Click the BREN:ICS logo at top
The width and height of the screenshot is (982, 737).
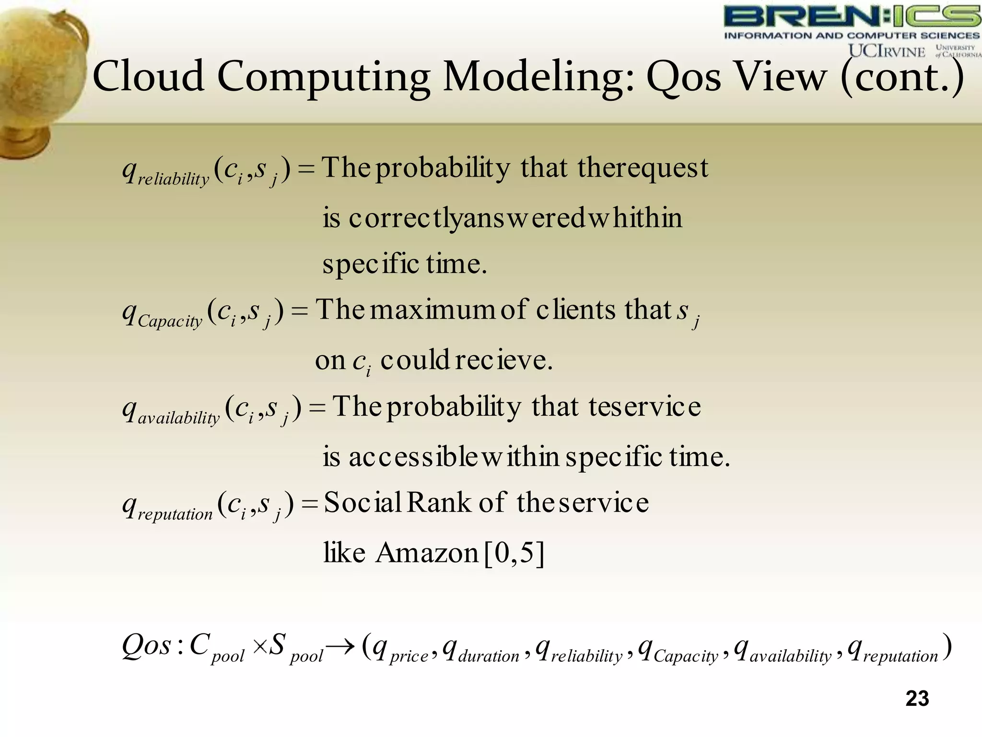pos(852,17)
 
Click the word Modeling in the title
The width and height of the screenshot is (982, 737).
pos(539,77)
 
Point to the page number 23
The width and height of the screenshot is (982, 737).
pos(917,699)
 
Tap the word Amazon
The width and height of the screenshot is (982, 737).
pos(427,553)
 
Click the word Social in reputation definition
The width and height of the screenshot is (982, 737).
pos(362,503)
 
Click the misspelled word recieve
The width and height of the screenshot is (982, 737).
pos(503,360)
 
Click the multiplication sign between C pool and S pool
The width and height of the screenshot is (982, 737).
pos(259,647)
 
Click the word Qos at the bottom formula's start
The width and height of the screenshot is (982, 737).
pos(146,646)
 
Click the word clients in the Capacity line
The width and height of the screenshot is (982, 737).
pos(575,310)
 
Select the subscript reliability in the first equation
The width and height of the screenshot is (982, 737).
pos(173,179)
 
